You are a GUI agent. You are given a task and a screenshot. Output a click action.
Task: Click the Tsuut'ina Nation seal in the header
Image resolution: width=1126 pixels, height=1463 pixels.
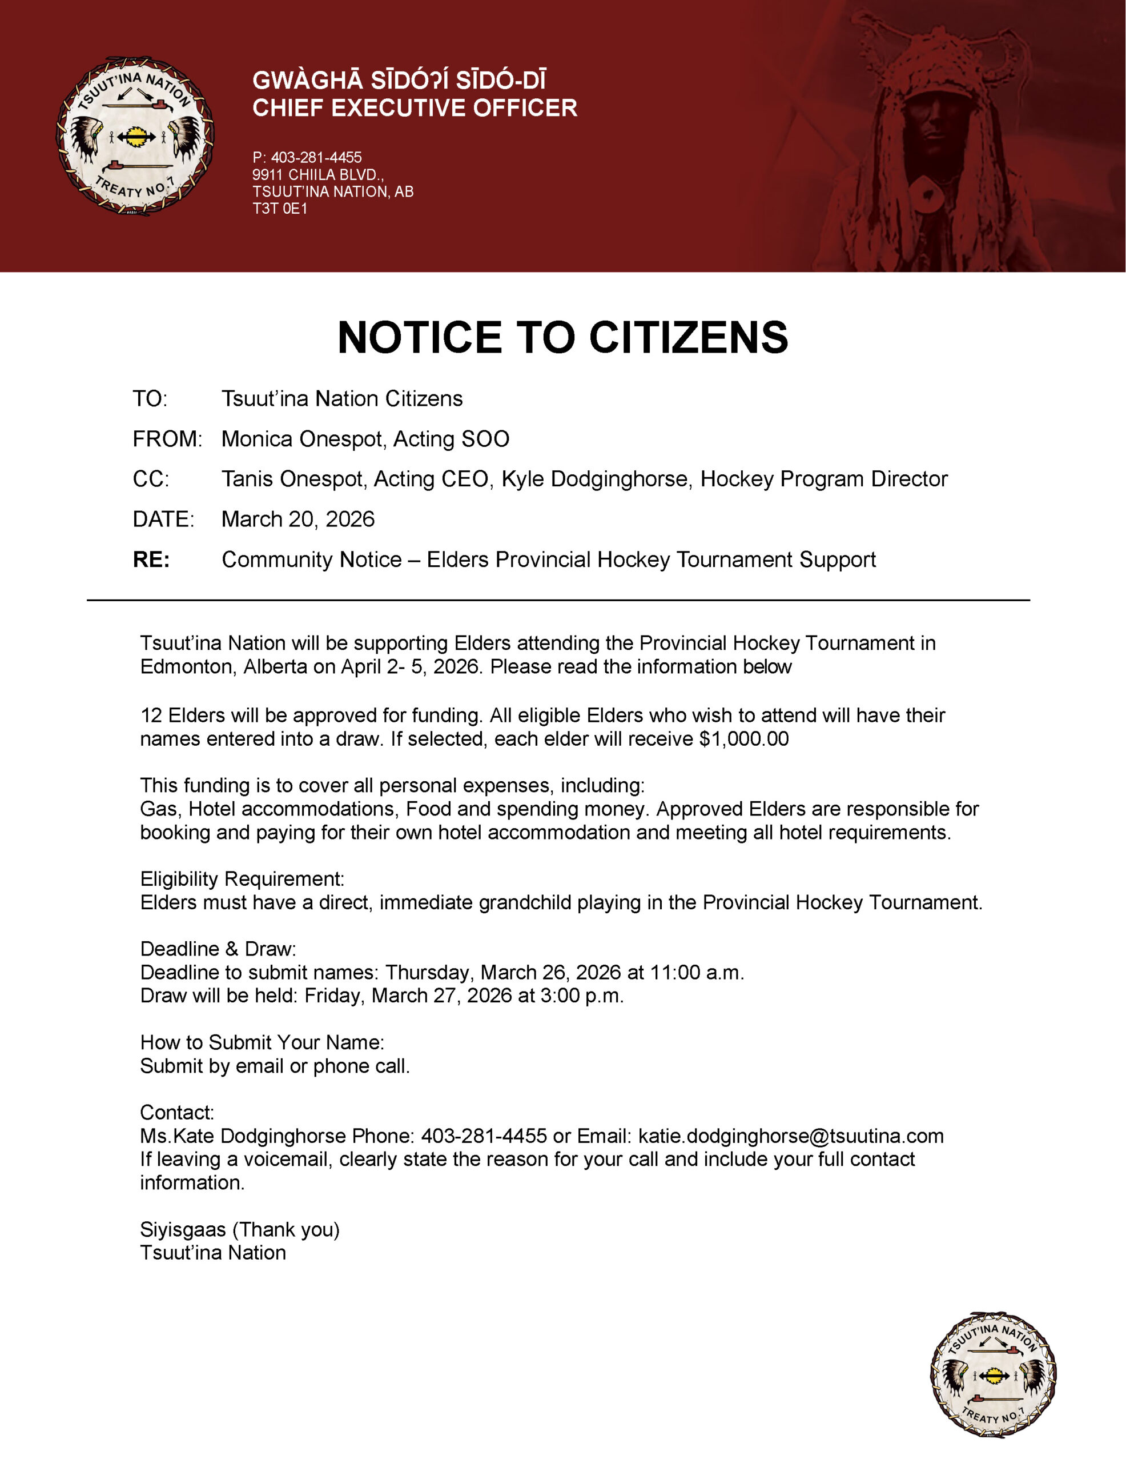point(135,136)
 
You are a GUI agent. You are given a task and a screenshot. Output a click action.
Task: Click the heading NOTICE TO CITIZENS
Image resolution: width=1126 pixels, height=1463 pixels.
point(562,337)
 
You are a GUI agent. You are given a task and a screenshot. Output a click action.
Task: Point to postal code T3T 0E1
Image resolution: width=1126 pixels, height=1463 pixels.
point(280,209)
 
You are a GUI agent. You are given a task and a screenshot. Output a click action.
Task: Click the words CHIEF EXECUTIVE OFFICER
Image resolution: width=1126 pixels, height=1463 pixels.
point(415,108)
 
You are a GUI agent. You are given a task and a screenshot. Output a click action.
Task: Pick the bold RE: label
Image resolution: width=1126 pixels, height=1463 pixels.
point(151,559)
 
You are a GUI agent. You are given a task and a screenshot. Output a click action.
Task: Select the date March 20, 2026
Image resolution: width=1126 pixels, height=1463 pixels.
point(298,519)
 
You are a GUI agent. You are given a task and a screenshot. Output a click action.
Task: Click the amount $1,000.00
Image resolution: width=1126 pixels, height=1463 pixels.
point(744,739)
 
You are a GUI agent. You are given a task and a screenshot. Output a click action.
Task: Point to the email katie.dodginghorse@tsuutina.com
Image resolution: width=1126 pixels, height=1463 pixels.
point(791,1136)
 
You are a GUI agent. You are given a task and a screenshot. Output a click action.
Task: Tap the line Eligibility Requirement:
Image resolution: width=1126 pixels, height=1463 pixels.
point(242,879)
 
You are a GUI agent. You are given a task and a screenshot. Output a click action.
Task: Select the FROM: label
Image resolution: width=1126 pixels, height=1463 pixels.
point(167,439)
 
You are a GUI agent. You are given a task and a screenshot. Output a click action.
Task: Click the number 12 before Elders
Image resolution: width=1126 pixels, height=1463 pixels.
point(151,715)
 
